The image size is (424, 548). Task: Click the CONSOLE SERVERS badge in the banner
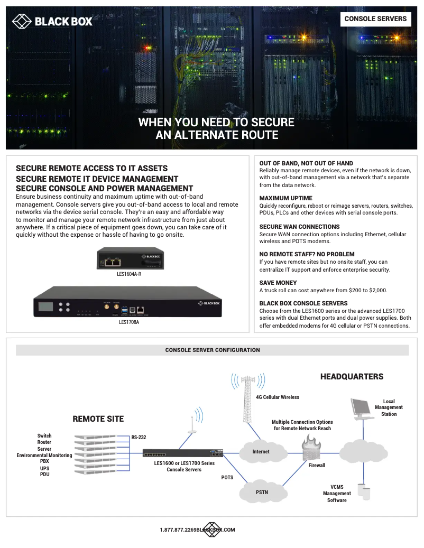coord(375,19)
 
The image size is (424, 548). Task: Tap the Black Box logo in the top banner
coord(52,21)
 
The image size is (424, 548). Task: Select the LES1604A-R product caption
coord(129,274)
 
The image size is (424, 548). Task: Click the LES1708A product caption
coord(129,321)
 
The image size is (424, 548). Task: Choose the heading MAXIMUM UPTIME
coord(285,198)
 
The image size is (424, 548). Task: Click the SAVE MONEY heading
coord(278,283)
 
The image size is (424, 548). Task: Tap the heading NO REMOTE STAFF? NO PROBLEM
coord(307,254)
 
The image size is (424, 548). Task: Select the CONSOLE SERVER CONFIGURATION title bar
coord(213,350)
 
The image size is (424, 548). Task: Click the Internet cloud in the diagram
coord(261,451)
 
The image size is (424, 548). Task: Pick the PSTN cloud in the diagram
coord(262,492)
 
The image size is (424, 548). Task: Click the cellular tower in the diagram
coord(246,396)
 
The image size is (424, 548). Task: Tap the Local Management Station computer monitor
coord(362,408)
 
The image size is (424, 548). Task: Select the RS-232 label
coord(139,438)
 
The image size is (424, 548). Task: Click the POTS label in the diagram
coord(227,477)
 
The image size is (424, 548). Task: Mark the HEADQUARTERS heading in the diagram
coord(352,377)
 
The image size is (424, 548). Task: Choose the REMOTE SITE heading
coord(98,419)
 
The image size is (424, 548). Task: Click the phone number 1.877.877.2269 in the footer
coord(178,530)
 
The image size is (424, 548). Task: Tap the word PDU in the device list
coord(44,474)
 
